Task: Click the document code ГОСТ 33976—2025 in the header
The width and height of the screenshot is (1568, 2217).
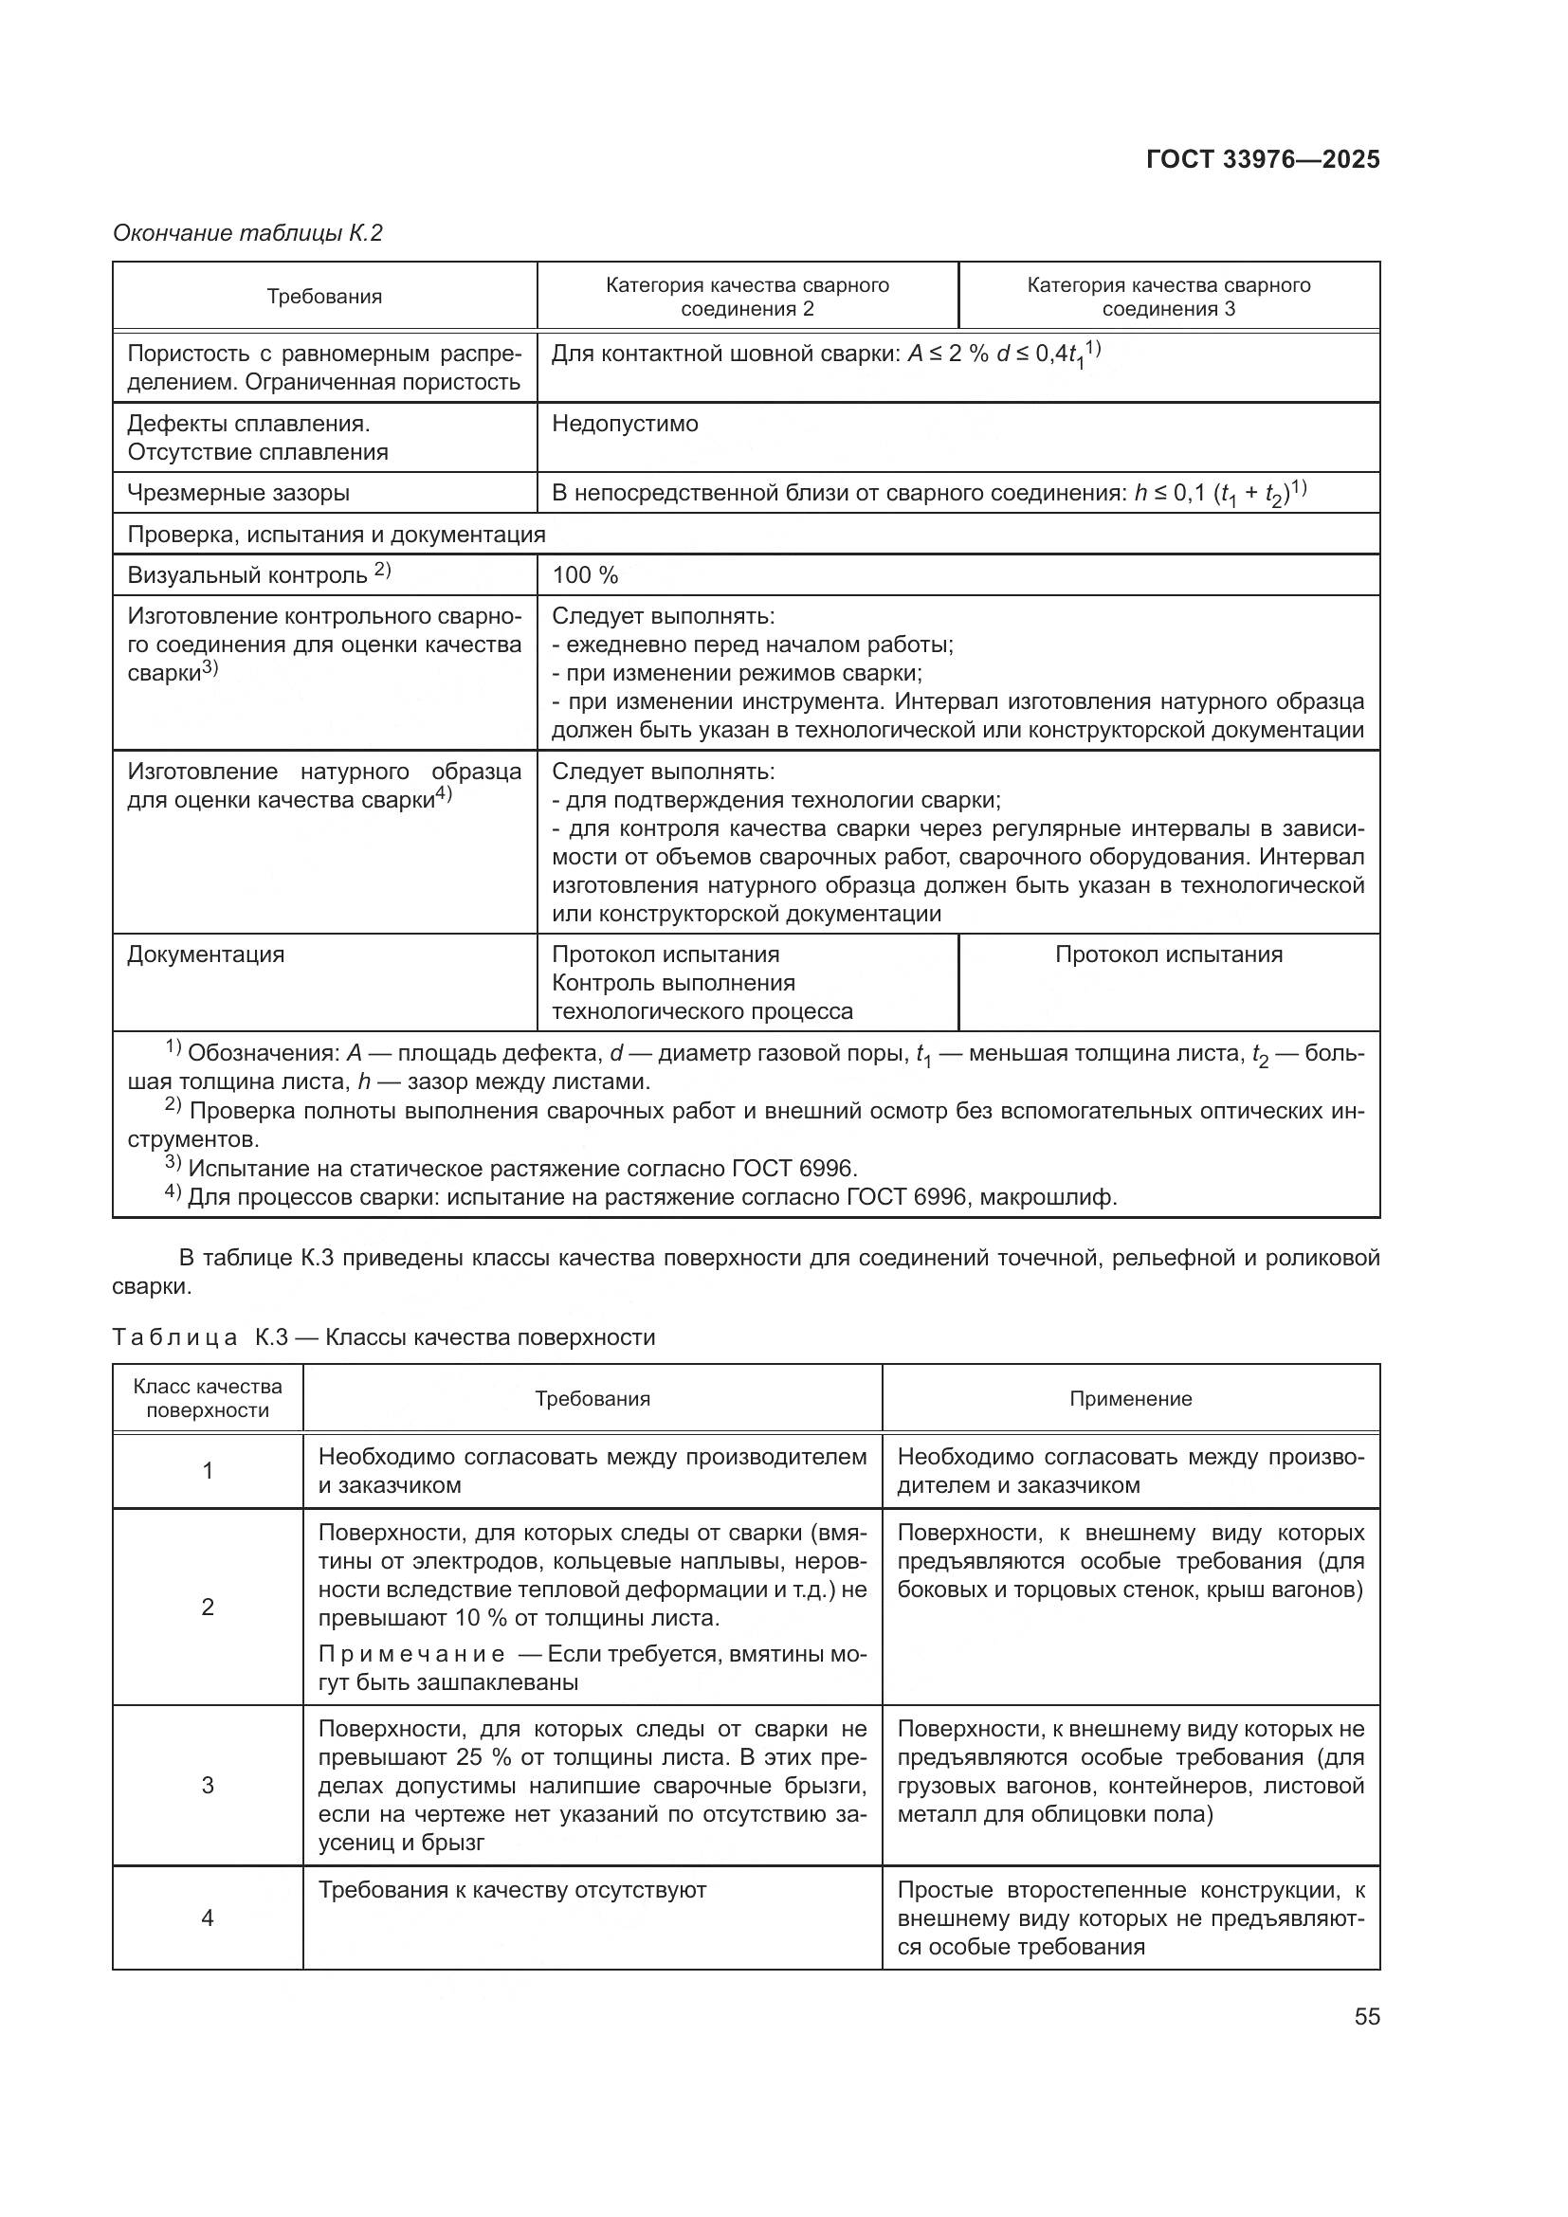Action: click(x=1262, y=160)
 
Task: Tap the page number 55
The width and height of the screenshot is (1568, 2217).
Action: click(x=1366, y=2017)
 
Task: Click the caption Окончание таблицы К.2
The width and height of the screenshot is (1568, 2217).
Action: click(x=248, y=233)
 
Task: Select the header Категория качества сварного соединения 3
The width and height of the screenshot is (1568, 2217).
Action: click(x=1168, y=297)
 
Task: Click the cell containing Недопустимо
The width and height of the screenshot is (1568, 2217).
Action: click(x=625, y=424)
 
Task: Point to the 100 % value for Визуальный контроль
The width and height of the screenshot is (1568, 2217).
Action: click(x=585, y=575)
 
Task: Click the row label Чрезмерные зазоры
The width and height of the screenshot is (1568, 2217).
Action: click(x=239, y=494)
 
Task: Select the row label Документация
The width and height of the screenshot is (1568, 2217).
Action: click(x=206, y=955)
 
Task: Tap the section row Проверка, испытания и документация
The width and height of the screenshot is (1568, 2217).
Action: click(x=336, y=534)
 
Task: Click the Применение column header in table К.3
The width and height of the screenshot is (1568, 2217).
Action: click(x=1130, y=1399)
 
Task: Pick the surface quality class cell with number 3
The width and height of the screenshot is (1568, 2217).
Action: click(x=208, y=1785)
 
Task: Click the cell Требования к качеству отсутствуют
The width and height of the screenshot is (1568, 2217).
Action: click(x=512, y=1891)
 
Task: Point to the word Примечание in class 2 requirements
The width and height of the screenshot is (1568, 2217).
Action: click(x=411, y=1654)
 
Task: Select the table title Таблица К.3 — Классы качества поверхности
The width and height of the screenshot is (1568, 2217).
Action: click(x=384, y=1337)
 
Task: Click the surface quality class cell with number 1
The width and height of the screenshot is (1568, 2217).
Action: click(x=208, y=1471)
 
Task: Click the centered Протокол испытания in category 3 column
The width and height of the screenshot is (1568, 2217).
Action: click(x=1168, y=955)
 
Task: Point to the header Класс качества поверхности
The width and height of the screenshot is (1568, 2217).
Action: click(x=208, y=1398)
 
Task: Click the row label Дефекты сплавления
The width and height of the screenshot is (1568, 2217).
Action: click(x=248, y=424)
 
